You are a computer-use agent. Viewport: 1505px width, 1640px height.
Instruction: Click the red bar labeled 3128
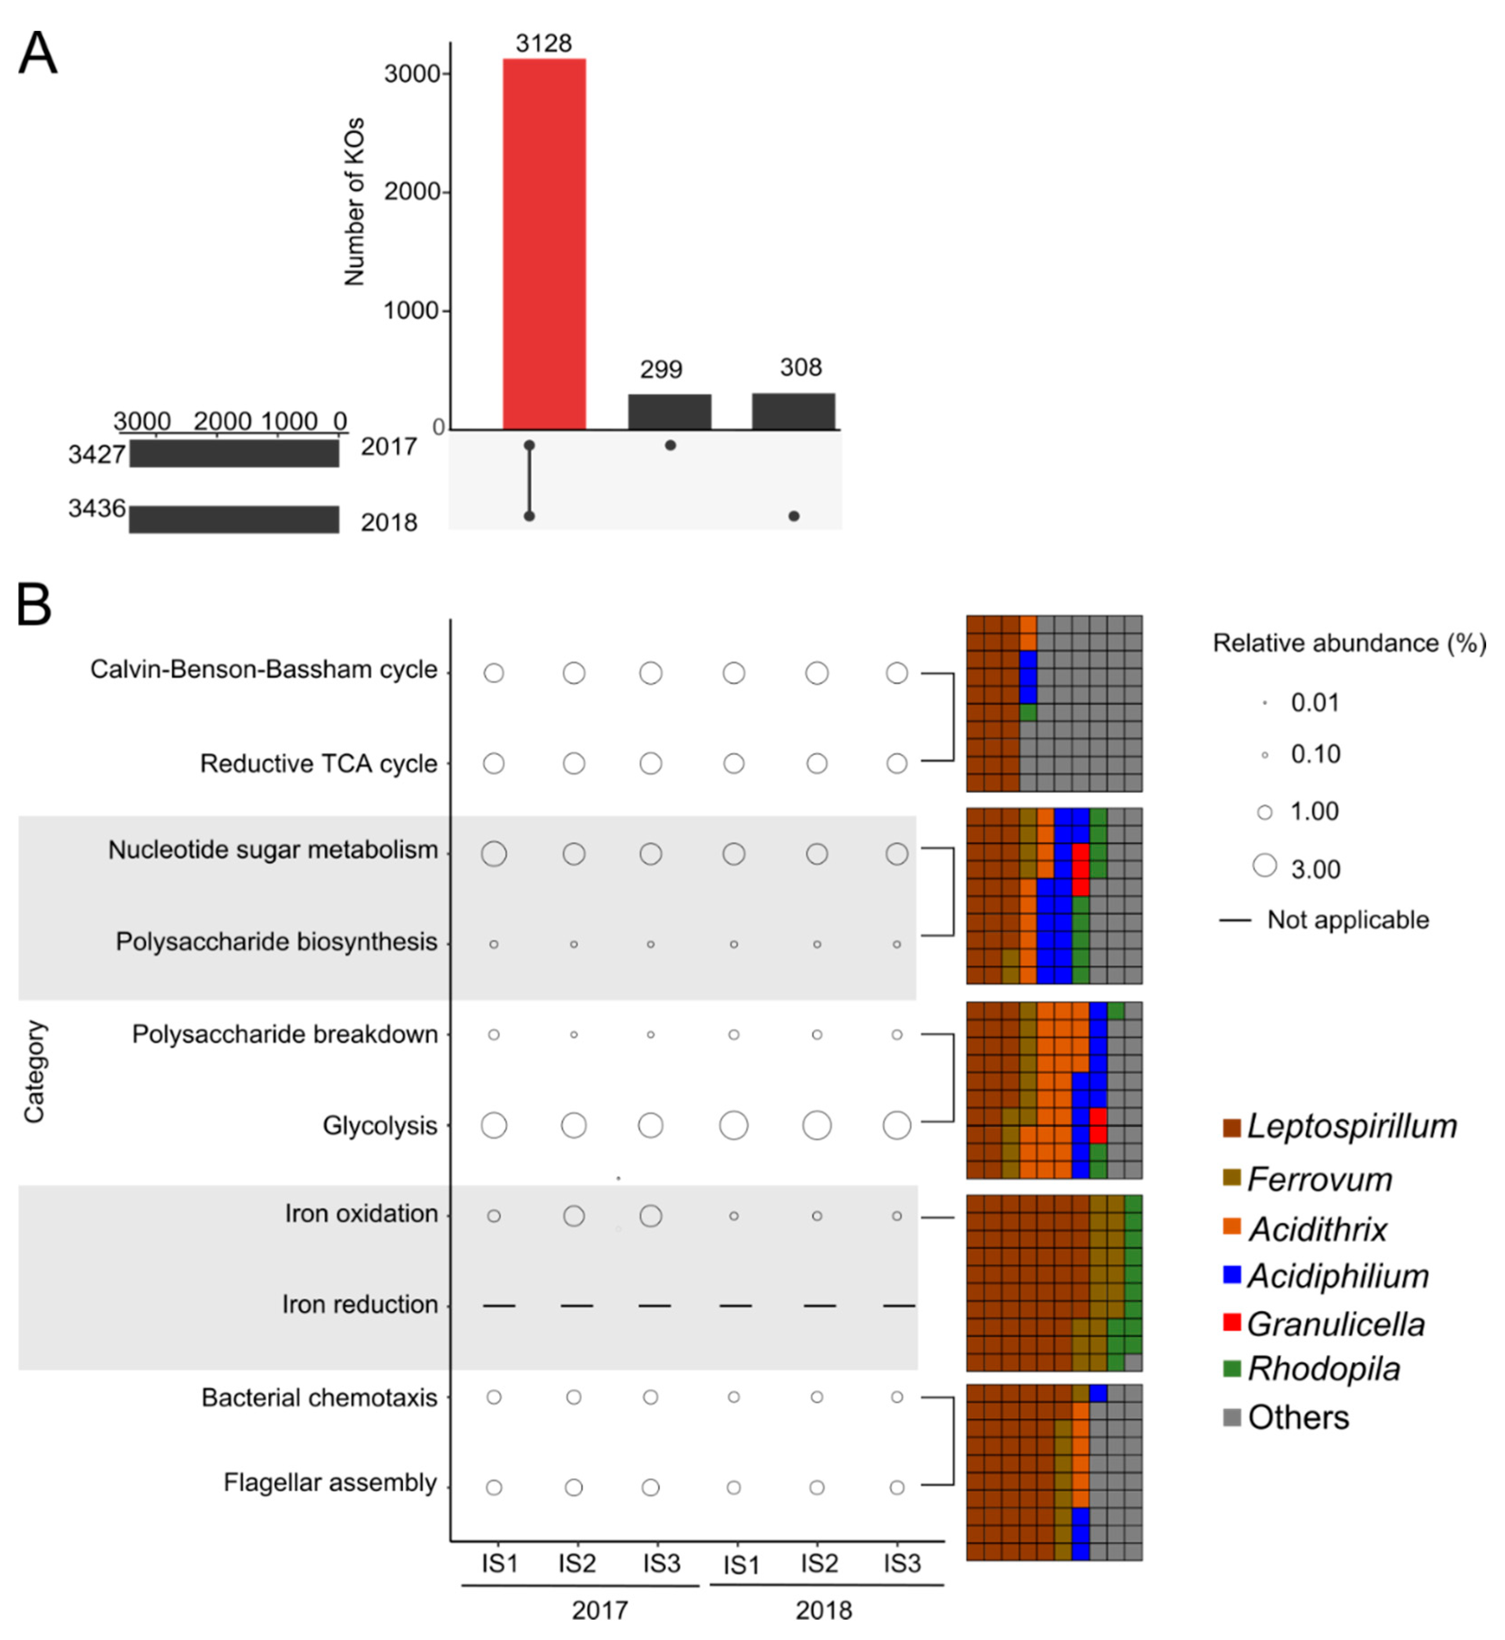[x=544, y=244]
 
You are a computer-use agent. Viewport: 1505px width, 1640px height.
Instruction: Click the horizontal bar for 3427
[x=235, y=453]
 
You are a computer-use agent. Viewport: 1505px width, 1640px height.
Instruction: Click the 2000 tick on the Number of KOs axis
[x=412, y=192]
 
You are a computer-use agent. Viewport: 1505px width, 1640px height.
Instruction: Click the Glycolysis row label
[x=381, y=1126]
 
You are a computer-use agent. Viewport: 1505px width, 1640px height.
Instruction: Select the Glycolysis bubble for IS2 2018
[x=817, y=1126]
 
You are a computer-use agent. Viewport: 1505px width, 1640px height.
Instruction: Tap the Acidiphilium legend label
[x=1338, y=1276]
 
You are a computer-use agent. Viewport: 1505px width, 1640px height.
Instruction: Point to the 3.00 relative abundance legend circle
[x=1265, y=865]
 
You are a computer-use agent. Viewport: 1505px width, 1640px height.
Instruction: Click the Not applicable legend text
[x=1348, y=920]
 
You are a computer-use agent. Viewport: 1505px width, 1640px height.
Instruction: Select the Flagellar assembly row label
[x=331, y=1483]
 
